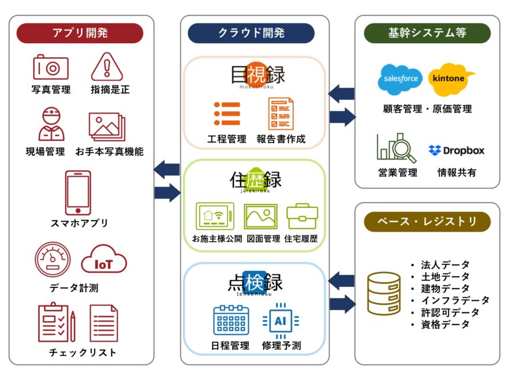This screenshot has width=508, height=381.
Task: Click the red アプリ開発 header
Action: pos(80,33)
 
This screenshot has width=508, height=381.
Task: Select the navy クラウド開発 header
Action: pos(251,33)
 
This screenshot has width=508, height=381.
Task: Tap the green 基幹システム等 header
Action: pos(427,33)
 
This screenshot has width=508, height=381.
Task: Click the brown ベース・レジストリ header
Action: pos(427,221)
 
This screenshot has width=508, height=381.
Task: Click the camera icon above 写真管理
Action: pos(51,68)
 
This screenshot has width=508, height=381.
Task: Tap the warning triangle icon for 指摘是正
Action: pos(107,67)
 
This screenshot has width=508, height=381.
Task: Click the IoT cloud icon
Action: pos(104,263)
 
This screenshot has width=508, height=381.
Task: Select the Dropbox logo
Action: pos(456,151)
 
